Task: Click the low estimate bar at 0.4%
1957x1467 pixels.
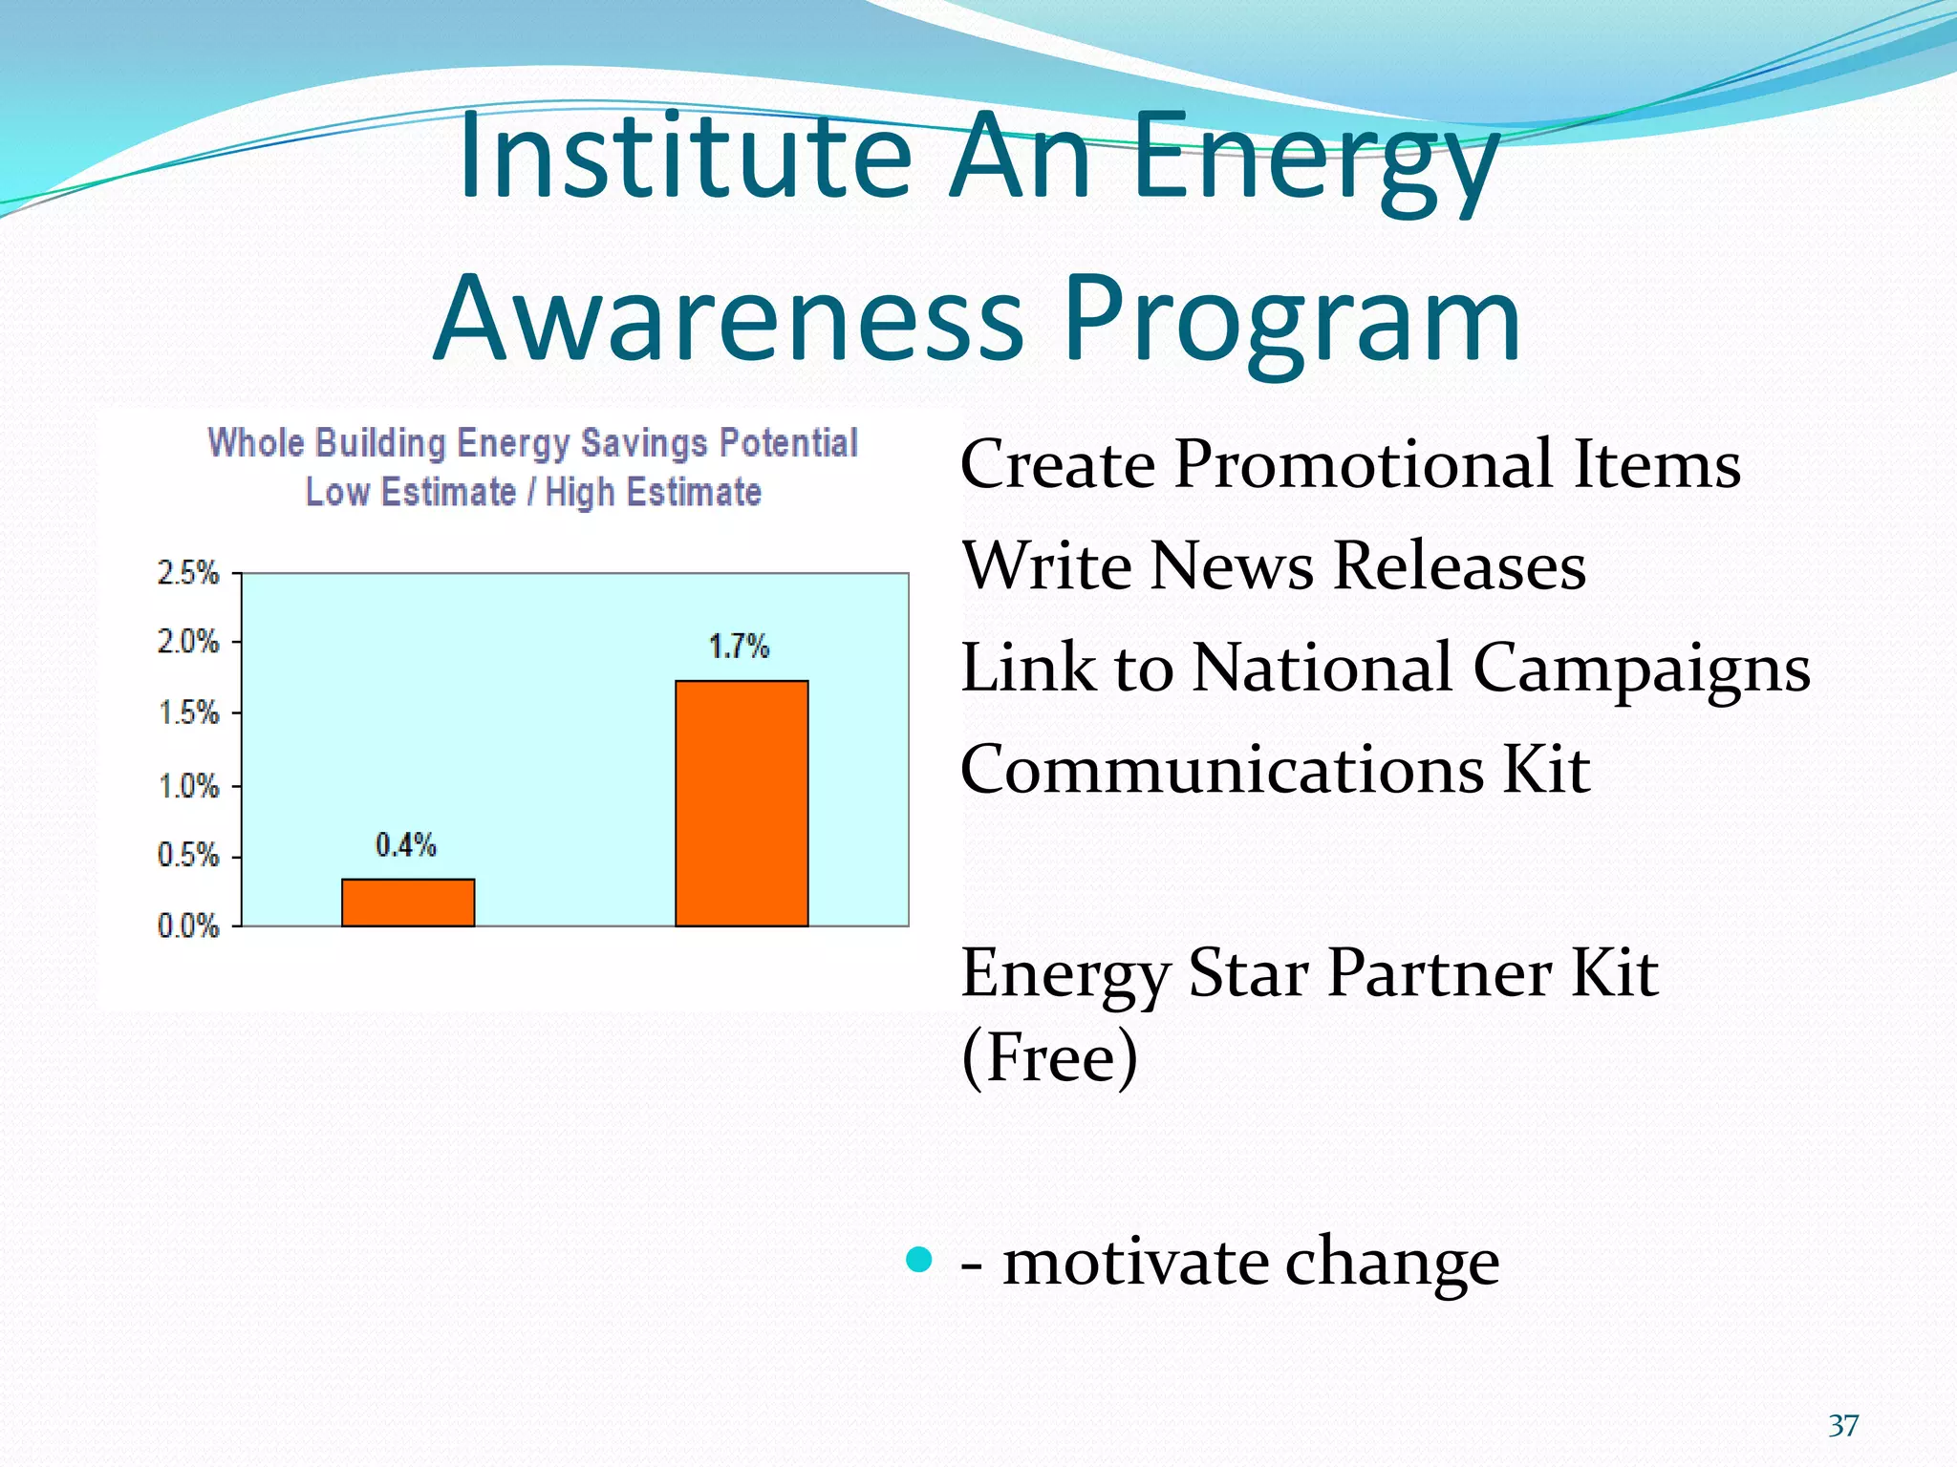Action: pyautogui.click(x=408, y=903)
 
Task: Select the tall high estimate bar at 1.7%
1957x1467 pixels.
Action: pyautogui.click(x=742, y=803)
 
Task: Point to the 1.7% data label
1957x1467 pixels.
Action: pyautogui.click(x=739, y=647)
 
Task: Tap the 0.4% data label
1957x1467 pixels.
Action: pyautogui.click(x=405, y=845)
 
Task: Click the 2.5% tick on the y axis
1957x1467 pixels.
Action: pyautogui.click(x=188, y=573)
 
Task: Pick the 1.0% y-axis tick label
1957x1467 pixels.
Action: pyautogui.click(x=188, y=787)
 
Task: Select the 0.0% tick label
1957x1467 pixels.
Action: pyautogui.click(x=188, y=925)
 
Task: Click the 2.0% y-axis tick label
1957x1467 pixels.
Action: pyautogui.click(x=188, y=641)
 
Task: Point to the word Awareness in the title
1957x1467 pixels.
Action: pyautogui.click(x=729, y=319)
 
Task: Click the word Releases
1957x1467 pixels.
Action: pyautogui.click(x=1458, y=566)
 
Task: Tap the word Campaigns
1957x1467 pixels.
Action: pyautogui.click(x=1641, y=669)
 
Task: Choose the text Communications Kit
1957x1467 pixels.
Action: pyautogui.click(x=1275, y=770)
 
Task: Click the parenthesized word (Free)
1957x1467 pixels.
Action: pyautogui.click(x=1049, y=1057)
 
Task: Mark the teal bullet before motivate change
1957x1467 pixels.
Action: pyautogui.click(x=918, y=1260)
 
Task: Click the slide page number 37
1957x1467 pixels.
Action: pyautogui.click(x=1843, y=1425)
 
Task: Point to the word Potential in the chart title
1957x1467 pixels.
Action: pyautogui.click(x=788, y=443)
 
